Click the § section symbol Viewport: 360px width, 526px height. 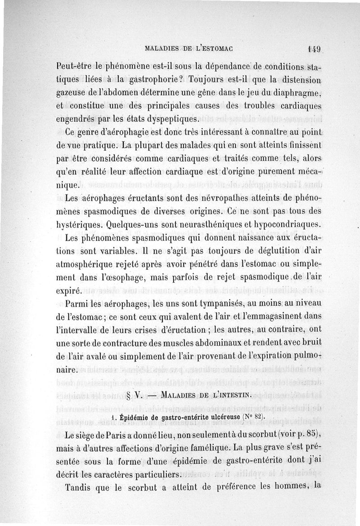click(130, 397)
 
